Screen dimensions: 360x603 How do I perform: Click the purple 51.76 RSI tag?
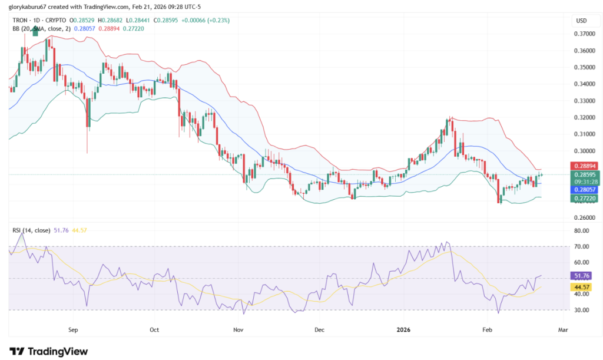click(x=581, y=275)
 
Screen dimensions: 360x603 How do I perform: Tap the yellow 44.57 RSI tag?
click(x=581, y=287)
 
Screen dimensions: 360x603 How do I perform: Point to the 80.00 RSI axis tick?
click(x=581, y=231)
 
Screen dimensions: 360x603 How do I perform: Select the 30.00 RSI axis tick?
click(x=581, y=310)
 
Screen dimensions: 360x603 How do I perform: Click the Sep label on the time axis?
click(x=73, y=331)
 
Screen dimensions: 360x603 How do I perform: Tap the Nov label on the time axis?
click(x=238, y=331)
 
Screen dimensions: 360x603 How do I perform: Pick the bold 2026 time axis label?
click(x=403, y=331)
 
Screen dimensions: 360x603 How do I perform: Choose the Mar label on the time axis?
click(x=563, y=331)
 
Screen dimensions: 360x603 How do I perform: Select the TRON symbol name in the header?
click(x=22, y=21)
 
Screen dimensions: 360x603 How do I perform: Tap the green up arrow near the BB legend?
click(x=35, y=31)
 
